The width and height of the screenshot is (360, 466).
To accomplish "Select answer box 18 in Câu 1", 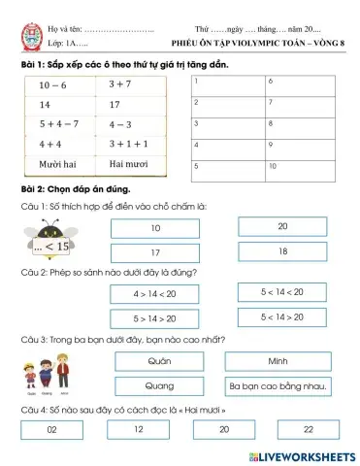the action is click(282, 251).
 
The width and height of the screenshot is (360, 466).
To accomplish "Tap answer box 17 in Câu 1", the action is click(154, 252).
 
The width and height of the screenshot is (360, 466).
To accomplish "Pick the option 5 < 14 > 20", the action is click(282, 316).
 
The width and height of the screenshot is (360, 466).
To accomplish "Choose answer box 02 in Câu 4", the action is click(51, 428).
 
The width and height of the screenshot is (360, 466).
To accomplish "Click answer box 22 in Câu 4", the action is click(309, 428).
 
